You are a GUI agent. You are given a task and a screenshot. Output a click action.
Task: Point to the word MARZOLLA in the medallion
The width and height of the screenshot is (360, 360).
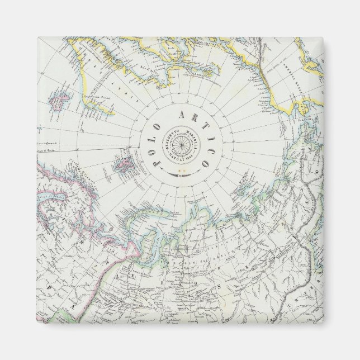tap(191, 137)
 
